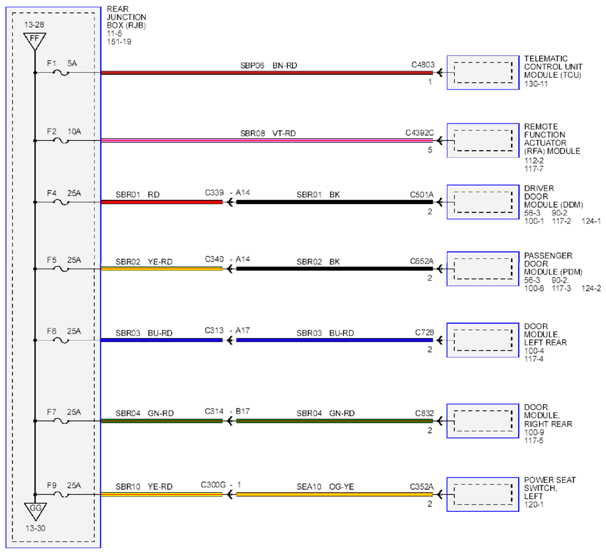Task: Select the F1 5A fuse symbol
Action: (61, 72)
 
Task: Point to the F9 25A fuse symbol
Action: (61, 495)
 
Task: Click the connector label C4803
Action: (423, 65)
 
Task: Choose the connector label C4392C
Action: (420, 132)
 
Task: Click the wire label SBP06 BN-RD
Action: (269, 65)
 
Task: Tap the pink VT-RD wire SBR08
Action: (267, 141)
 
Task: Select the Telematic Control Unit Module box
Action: (483, 72)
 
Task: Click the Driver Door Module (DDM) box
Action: (483, 202)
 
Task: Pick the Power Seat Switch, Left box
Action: (483, 495)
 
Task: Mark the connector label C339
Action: (214, 192)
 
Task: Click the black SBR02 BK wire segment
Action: (335, 269)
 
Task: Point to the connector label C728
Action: (424, 333)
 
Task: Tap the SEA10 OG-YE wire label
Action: (325, 487)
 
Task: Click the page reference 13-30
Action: (35, 528)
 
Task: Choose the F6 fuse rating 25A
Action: (74, 331)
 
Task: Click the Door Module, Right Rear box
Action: (483, 421)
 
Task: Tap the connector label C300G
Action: (213, 485)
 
